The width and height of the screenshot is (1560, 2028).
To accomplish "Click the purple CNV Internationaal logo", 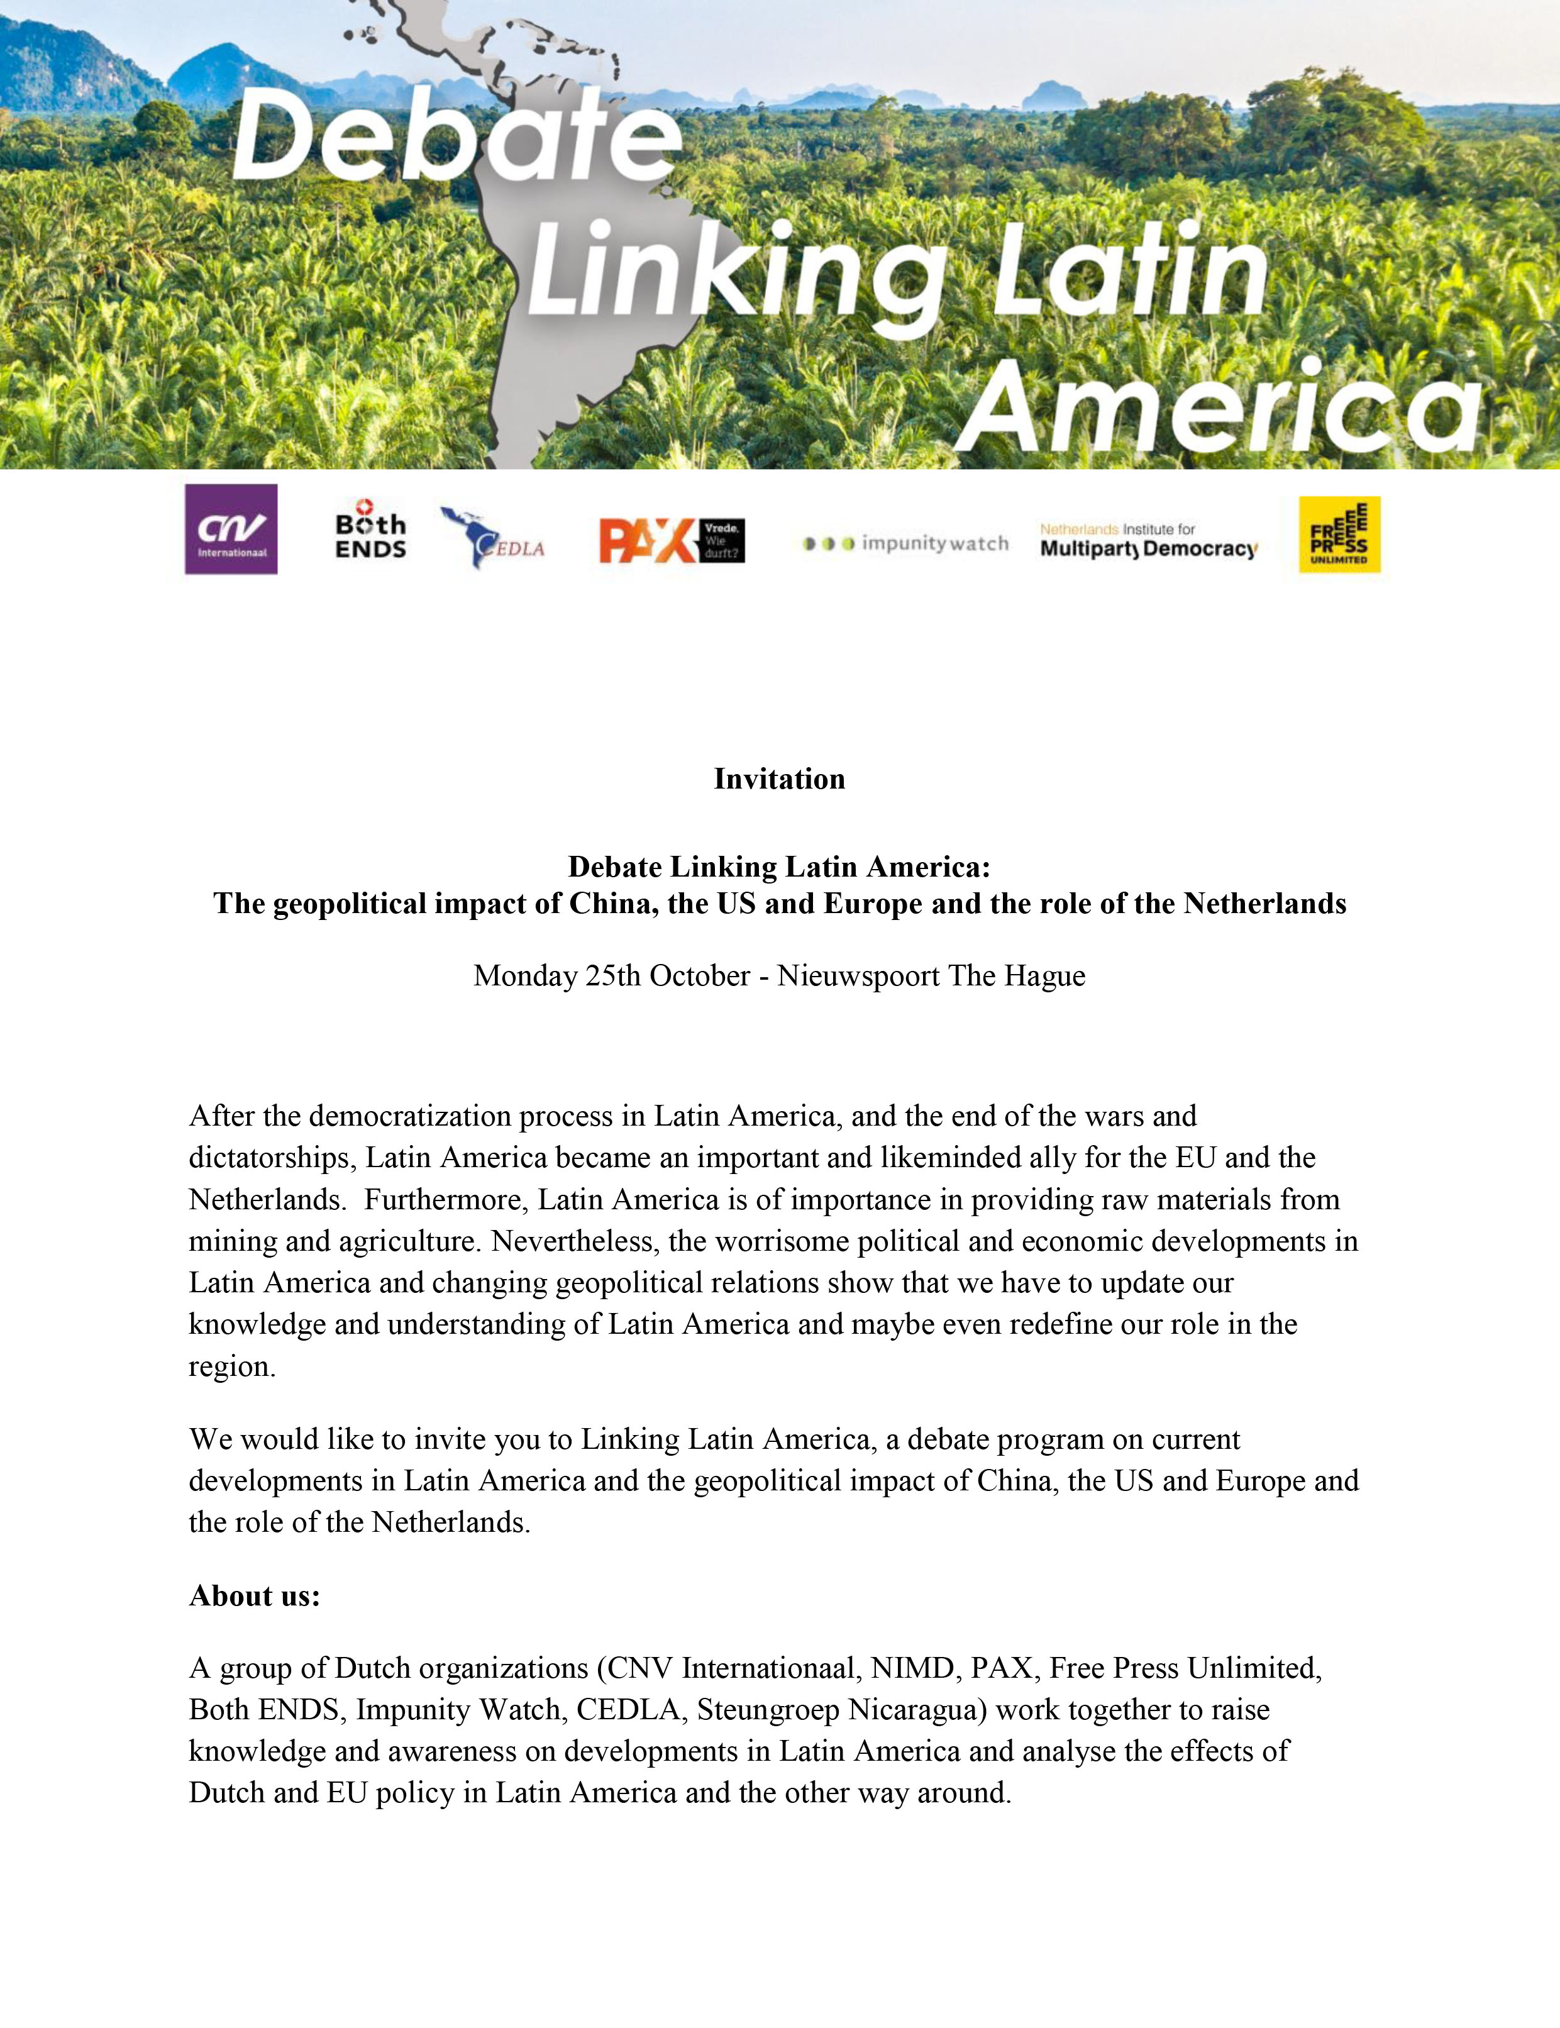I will point(231,529).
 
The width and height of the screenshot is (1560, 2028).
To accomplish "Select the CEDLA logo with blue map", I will point(492,538).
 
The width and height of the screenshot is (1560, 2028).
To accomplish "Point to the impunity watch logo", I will point(905,543).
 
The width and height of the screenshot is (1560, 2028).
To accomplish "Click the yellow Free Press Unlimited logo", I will point(1339,535).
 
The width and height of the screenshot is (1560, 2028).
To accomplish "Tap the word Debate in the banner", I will point(455,138).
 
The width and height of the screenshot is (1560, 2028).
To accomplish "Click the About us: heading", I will point(255,1595).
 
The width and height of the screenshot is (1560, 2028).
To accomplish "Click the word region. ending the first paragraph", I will point(232,1367).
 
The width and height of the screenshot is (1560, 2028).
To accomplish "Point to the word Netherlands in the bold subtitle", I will point(1264,904).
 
